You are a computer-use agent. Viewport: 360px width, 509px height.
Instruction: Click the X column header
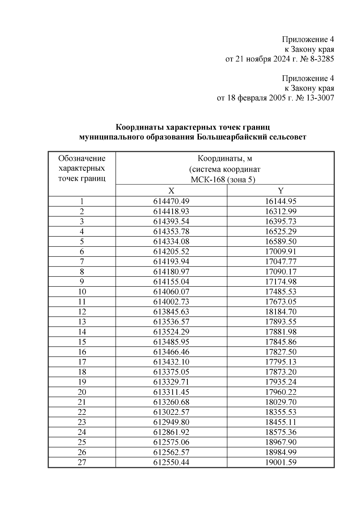(x=171, y=191)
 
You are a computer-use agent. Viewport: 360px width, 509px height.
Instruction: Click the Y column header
(x=280, y=191)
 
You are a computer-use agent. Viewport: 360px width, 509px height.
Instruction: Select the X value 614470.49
(x=171, y=202)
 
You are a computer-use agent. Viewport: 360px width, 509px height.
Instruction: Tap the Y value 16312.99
(x=280, y=211)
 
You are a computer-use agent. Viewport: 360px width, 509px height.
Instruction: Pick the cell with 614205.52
(x=171, y=252)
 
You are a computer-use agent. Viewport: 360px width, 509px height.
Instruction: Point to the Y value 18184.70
(x=280, y=312)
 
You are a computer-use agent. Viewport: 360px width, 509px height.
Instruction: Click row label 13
(x=82, y=322)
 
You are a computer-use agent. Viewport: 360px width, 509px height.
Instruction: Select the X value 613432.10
(x=171, y=362)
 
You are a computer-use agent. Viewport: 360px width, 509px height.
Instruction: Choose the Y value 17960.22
(x=280, y=392)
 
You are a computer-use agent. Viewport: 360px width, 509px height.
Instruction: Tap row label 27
(x=82, y=462)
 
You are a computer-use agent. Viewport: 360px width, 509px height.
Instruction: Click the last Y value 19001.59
(x=280, y=462)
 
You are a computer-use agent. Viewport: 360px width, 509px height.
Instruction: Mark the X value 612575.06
(x=171, y=442)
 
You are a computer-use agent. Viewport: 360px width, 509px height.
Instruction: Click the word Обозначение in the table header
(x=82, y=158)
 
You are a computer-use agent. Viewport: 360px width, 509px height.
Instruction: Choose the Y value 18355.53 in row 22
(x=280, y=412)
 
